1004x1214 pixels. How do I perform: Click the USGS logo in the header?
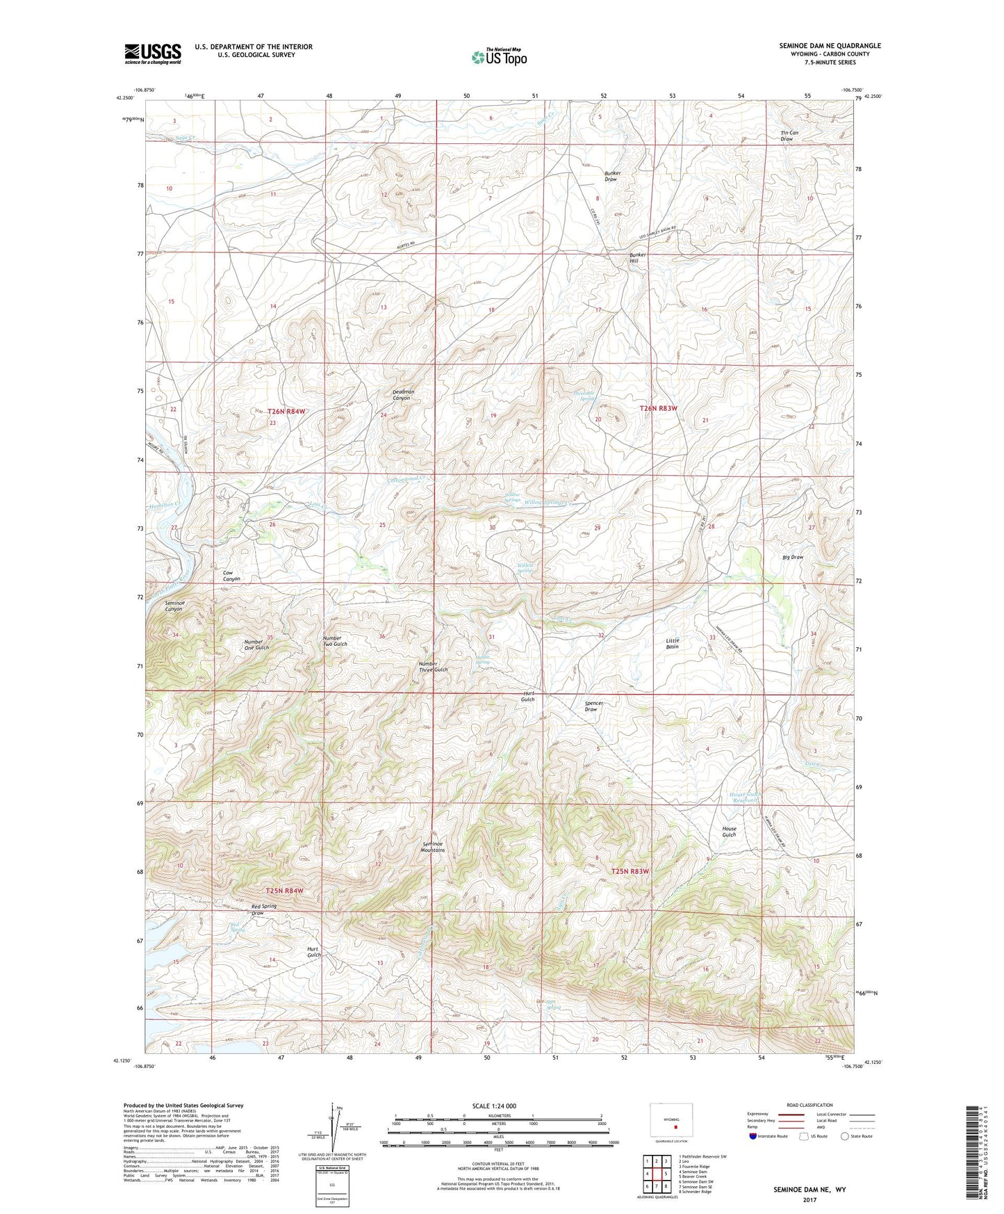tap(152, 54)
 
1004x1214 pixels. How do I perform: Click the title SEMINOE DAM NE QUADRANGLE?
tap(830, 45)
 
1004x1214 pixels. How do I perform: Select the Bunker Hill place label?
tap(638, 259)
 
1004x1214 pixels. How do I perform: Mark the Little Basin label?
tap(672, 643)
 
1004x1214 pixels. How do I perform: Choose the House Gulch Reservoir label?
tap(746, 797)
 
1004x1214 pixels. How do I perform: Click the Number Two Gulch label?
tap(335, 641)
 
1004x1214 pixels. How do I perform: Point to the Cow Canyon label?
tap(231, 575)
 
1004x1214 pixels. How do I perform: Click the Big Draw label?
tap(792, 557)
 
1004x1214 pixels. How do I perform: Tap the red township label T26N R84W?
tap(286, 412)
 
